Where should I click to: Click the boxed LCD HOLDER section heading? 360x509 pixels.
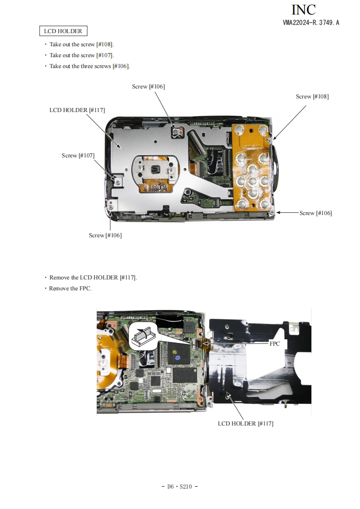point(64,31)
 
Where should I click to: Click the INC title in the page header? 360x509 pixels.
point(303,10)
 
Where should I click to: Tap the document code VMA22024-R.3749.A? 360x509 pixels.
point(311,22)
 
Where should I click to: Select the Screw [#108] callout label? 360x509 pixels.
point(312,97)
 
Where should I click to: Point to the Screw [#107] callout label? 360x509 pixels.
point(78,156)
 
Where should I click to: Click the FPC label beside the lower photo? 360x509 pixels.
point(275,343)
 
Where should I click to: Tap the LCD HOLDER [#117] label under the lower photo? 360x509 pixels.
point(245,423)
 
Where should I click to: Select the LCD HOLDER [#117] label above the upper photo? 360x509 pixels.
point(77,110)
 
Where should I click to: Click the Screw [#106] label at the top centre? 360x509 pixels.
point(148,86)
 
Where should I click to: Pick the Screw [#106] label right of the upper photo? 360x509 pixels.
point(316,213)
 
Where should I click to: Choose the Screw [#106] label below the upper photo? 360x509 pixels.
point(105,235)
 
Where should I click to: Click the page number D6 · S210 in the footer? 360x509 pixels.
point(179,486)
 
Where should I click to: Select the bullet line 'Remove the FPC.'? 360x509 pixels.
point(70,288)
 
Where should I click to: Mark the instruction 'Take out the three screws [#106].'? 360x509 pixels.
point(87,66)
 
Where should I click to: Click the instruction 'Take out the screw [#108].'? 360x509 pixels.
point(79,44)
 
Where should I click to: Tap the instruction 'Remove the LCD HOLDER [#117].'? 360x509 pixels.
point(91,278)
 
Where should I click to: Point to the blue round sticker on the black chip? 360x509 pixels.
point(177,357)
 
